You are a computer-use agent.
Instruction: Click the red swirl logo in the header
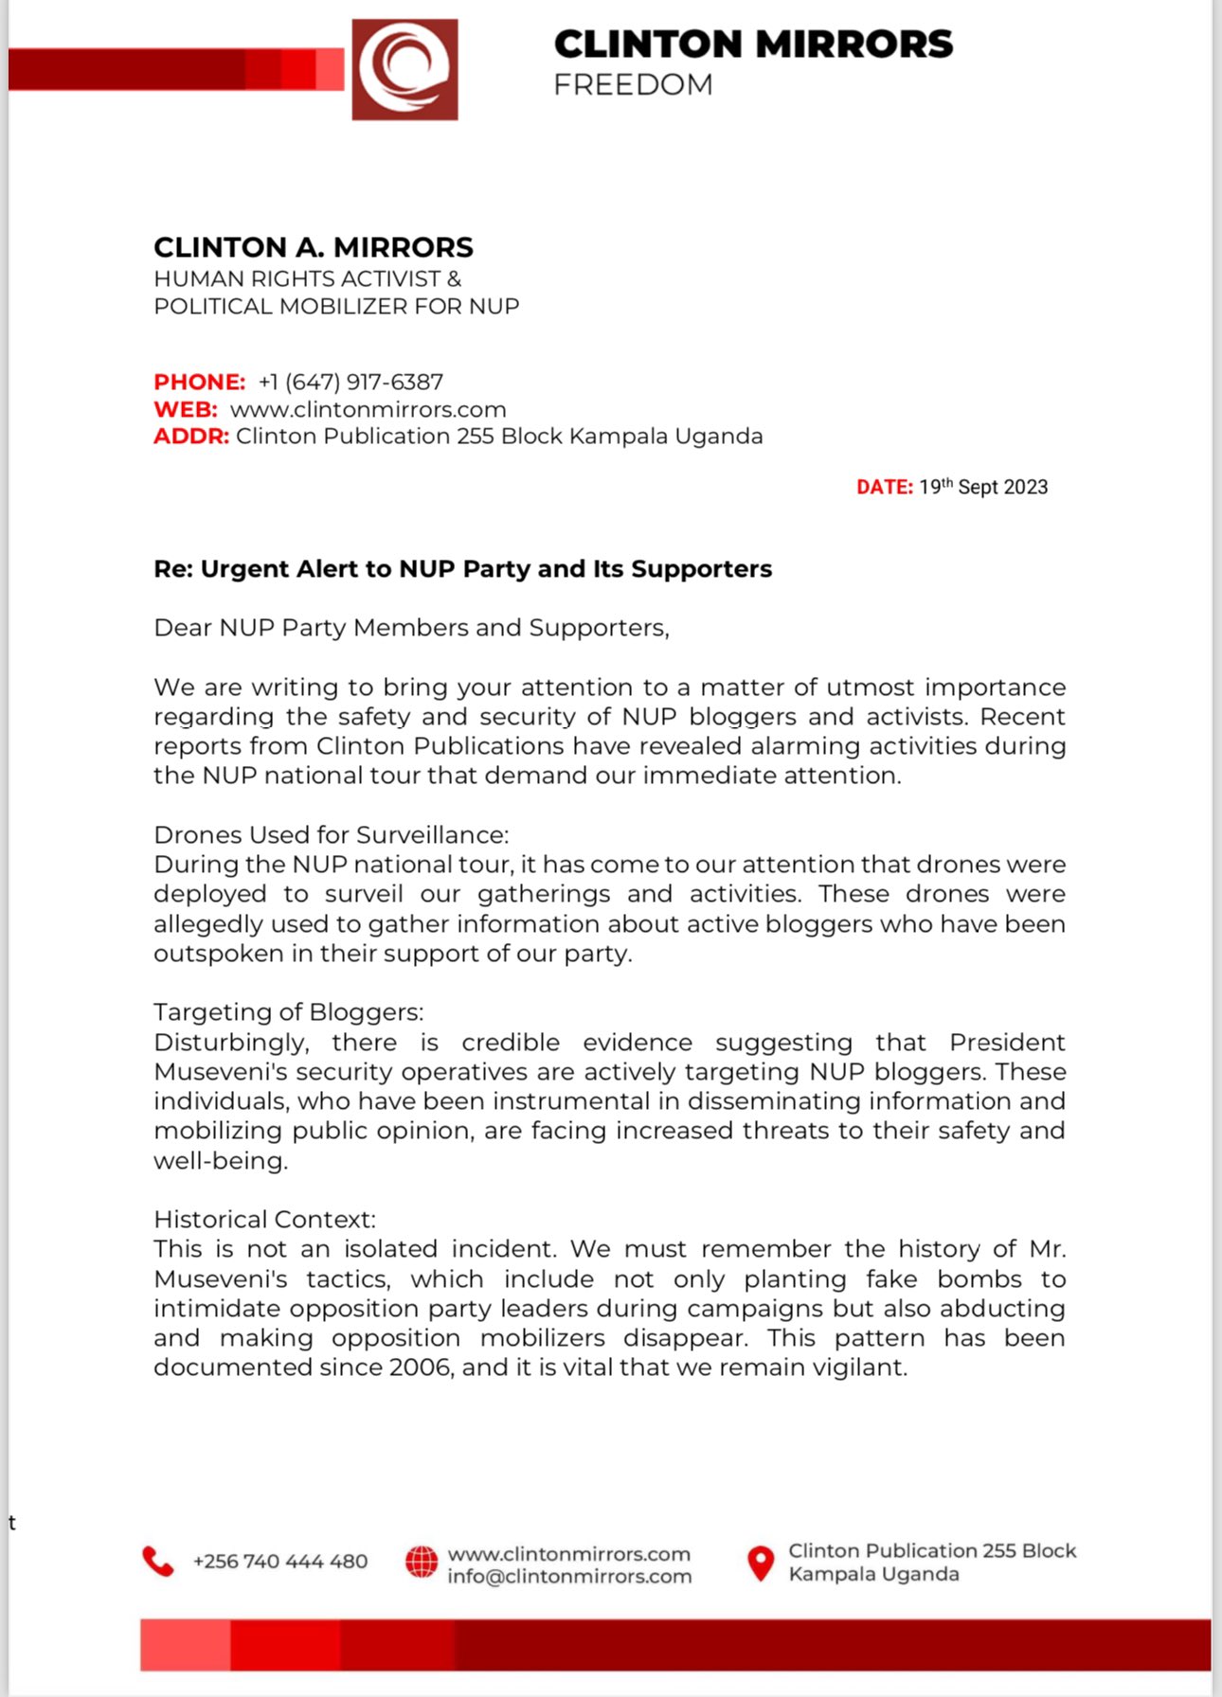[404, 70]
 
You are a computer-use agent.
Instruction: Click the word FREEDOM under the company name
[633, 85]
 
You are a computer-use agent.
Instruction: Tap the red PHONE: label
[199, 382]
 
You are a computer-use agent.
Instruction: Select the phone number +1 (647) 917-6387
[350, 382]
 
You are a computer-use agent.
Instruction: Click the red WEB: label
[186, 409]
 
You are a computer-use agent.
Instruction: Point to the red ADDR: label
[191, 437]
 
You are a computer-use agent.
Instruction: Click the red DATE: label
[884, 487]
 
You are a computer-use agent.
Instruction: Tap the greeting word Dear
[182, 628]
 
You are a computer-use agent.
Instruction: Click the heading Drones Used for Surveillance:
[331, 834]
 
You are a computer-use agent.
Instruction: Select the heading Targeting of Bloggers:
[288, 1011]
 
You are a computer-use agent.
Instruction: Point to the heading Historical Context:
[264, 1219]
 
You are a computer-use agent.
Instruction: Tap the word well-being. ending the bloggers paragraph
[220, 1160]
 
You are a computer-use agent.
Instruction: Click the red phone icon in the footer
[158, 1562]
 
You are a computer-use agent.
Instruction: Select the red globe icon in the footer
[422, 1563]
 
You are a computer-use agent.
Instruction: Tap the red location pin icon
[760, 1563]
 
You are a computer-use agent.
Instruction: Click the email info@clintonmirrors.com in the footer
[569, 1577]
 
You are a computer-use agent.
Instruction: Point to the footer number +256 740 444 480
[279, 1562]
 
